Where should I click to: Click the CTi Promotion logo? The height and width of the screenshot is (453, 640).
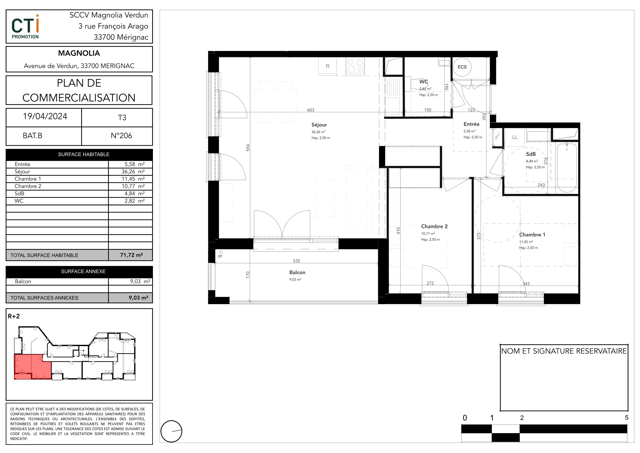click(x=25, y=27)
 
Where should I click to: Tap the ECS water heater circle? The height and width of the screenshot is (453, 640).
click(x=462, y=67)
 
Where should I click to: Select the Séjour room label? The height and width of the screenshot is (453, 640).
click(x=319, y=125)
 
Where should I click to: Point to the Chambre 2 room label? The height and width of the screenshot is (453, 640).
click(x=434, y=226)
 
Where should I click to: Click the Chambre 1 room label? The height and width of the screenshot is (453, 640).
click(x=532, y=235)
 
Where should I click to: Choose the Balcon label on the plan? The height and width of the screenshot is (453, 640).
click(x=297, y=272)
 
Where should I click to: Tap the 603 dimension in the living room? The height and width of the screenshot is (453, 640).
click(x=310, y=110)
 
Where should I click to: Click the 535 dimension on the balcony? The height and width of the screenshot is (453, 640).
click(x=296, y=261)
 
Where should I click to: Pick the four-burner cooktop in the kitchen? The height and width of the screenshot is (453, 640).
click(x=355, y=66)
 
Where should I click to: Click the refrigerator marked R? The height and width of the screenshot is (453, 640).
click(x=327, y=66)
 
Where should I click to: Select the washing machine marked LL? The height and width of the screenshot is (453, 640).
click(x=515, y=137)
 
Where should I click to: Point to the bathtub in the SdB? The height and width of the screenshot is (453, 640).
click(x=567, y=168)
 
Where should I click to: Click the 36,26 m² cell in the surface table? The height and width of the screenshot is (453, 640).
click(x=130, y=172)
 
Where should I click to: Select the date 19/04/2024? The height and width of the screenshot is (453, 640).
click(x=45, y=116)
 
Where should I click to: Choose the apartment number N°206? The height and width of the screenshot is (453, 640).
click(x=121, y=136)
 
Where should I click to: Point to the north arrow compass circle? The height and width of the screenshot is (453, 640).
click(x=171, y=431)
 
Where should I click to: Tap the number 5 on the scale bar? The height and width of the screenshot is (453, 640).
click(x=627, y=417)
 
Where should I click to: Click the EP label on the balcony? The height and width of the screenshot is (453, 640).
click(x=220, y=257)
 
